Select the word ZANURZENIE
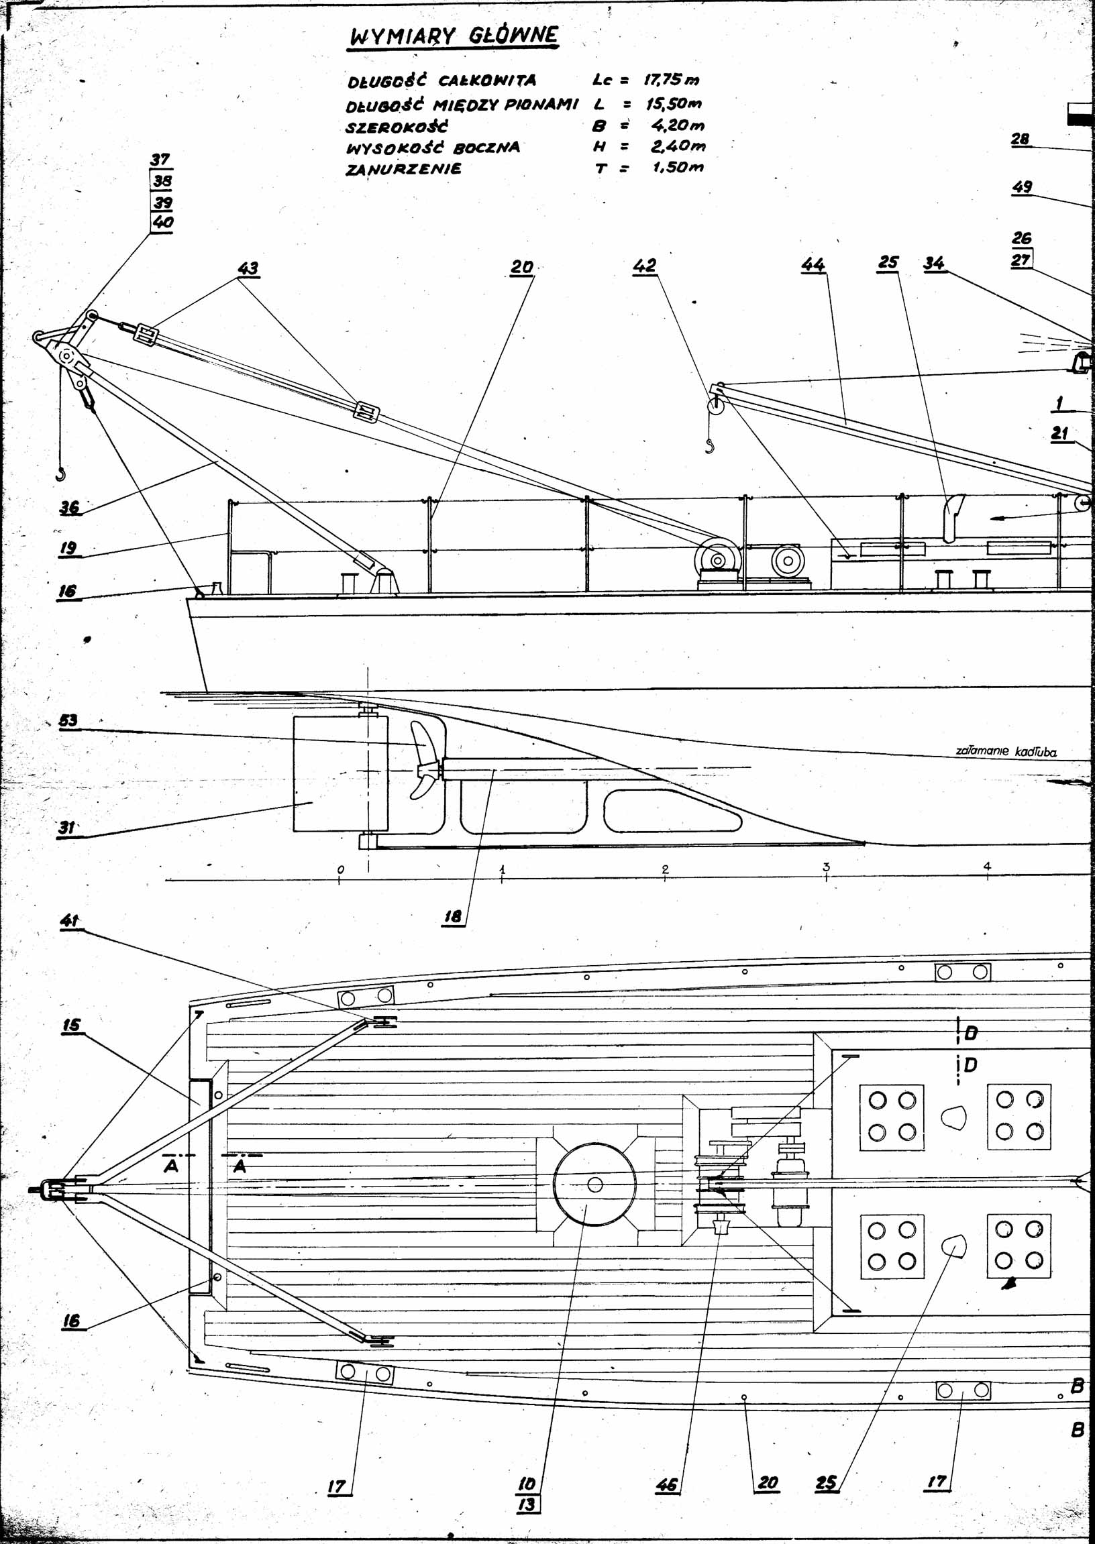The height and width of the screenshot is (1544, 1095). click(x=403, y=168)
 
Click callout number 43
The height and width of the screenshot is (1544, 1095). click(x=248, y=268)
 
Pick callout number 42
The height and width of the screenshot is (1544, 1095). click(x=644, y=266)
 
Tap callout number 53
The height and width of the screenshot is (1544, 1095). click(x=68, y=720)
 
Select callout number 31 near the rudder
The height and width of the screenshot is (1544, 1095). click(x=66, y=827)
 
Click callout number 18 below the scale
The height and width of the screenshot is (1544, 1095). click(x=452, y=916)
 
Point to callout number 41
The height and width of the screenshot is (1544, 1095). click(x=70, y=920)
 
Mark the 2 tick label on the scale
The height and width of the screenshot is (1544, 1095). click(x=665, y=869)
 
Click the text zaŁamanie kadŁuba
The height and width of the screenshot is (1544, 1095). click(x=1005, y=751)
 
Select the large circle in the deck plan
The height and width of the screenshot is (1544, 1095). click(x=594, y=1184)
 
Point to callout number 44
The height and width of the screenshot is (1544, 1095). click(x=813, y=265)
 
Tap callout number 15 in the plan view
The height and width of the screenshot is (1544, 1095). click(x=72, y=1025)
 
